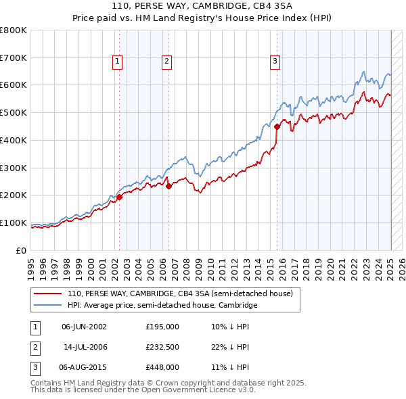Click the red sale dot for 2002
120,197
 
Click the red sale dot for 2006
169,187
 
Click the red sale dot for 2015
277,126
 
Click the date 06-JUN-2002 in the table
84,327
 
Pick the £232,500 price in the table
162,347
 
